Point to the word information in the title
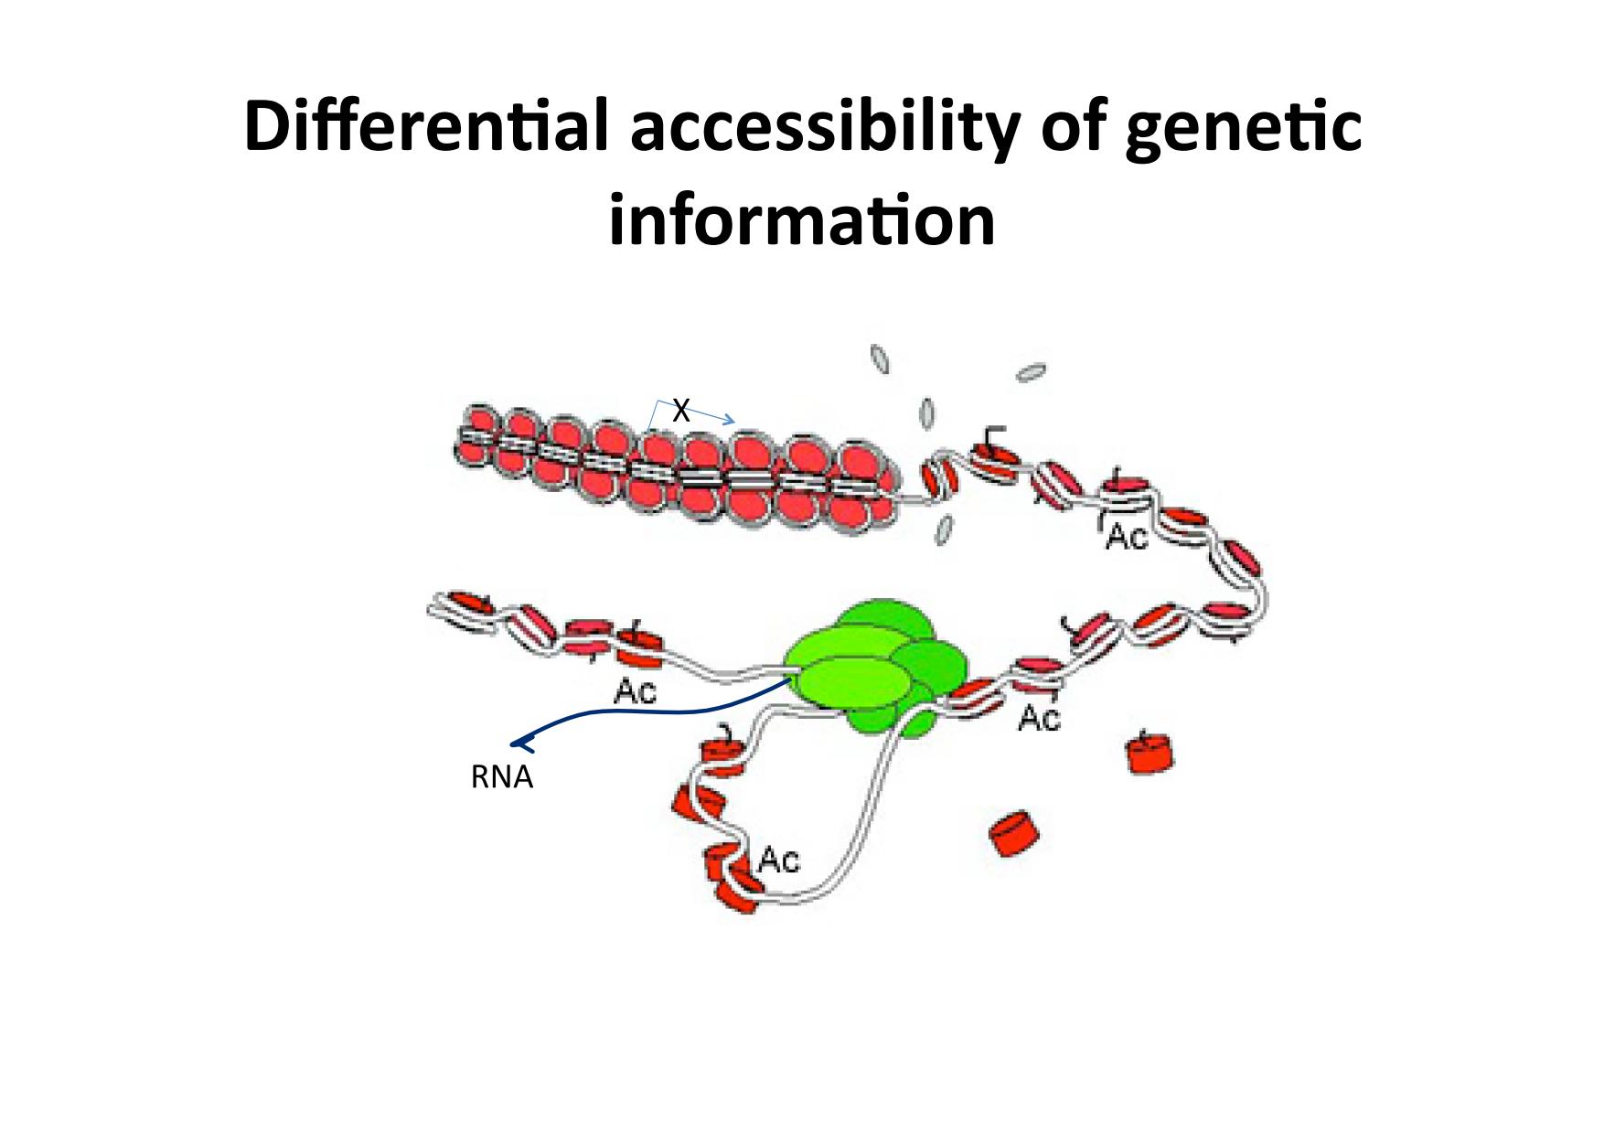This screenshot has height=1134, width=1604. click(x=802, y=219)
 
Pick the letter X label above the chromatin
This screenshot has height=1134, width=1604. click(x=680, y=411)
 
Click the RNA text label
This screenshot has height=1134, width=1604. click(x=501, y=777)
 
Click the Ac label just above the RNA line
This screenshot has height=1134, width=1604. click(x=635, y=691)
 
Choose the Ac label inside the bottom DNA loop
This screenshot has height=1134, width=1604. click(x=778, y=860)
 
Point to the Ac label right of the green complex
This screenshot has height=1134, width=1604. click(x=1039, y=718)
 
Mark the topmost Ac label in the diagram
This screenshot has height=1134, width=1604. click(x=1126, y=536)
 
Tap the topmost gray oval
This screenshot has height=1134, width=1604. click(x=880, y=358)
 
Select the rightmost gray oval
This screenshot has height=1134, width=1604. click(x=1032, y=372)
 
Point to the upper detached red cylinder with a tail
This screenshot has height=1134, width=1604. click(x=1150, y=752)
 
